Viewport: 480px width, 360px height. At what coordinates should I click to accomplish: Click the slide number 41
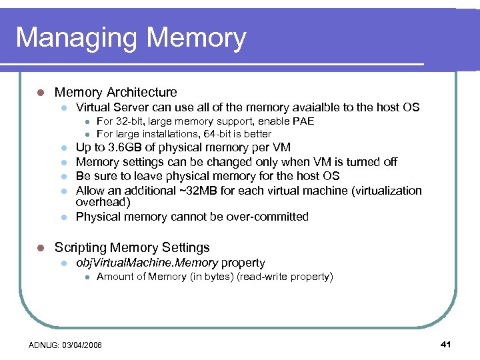[x=446, y=344]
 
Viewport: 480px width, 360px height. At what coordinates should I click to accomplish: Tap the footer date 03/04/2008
[x=82, y=345]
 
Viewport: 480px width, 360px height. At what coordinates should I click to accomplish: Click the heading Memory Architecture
[x=115, y=93]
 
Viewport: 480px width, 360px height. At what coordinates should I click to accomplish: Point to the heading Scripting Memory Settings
[x=132, y=248]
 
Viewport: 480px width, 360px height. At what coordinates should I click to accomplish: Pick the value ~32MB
[x=203, y=191]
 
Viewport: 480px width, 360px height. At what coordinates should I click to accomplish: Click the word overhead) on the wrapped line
[x=103, y=202]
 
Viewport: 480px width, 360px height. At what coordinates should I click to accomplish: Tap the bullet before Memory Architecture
[x=40, y=93]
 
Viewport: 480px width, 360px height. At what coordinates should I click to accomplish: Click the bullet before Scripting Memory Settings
[x=40, y=248]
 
